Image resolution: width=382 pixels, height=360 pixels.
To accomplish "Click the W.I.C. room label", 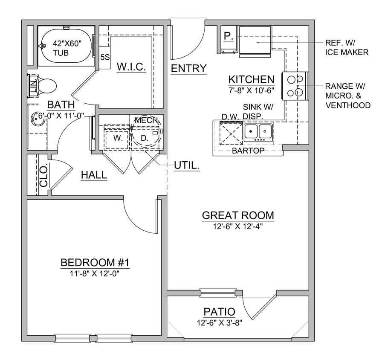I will pos(131,67).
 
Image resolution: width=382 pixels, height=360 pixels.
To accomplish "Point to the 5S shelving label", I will pos(104,57).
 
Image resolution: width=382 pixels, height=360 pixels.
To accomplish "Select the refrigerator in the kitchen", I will pos(255,41).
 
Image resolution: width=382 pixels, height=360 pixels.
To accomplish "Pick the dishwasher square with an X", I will pos(231,133).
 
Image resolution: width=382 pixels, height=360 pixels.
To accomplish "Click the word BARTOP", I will pos(248,151).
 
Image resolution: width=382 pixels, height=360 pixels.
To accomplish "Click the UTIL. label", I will pos(187,165).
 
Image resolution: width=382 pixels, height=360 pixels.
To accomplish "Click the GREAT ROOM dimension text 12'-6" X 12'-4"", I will pos(238,226).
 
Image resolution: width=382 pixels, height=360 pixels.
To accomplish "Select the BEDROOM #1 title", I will pos(95,262).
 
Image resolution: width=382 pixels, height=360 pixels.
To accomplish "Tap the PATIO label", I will pos(219,312).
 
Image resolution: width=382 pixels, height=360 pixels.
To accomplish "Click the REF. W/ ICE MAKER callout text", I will pos(347,48).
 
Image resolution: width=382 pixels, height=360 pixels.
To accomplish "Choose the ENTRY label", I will pos(188,68).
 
